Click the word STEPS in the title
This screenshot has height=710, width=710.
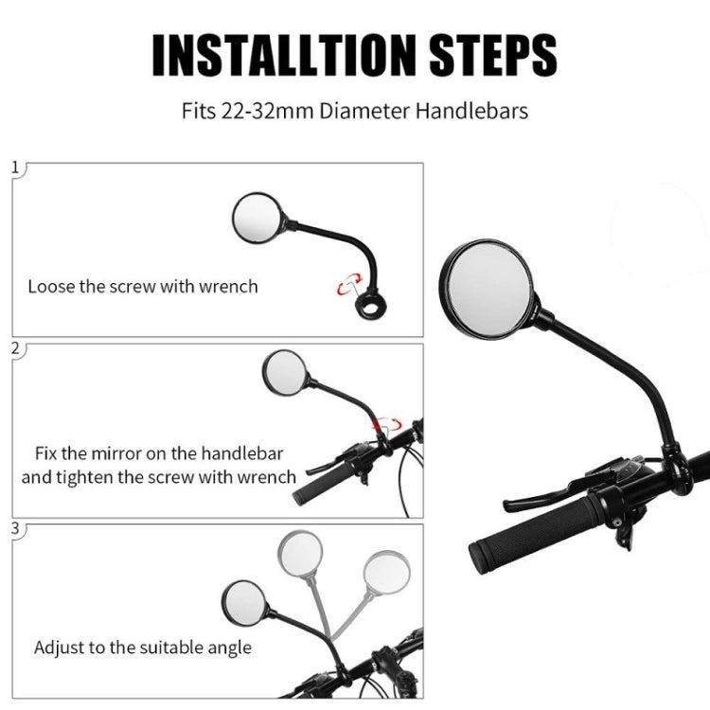[487, 56]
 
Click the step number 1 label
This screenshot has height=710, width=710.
[15, 169]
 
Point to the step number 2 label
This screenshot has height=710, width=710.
[15, 348]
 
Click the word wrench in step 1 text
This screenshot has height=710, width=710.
[227, 285]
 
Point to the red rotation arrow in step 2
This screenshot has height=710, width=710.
[386, 424]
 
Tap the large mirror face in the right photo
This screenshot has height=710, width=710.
[491, 288]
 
